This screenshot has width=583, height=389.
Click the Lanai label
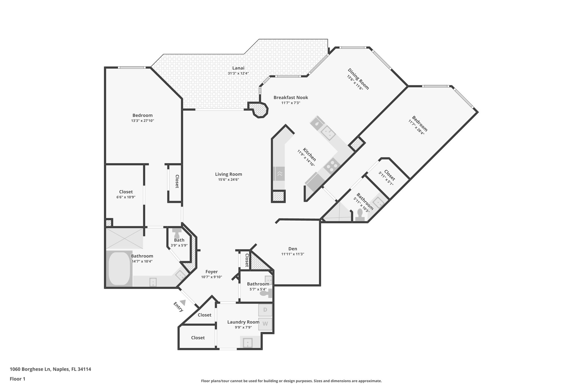pyautogui.click(x=238, y=68)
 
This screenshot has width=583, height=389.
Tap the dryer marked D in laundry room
pyautogui.click(x=265, y=310)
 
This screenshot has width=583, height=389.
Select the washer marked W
pyautogui.click(x=265, y=324)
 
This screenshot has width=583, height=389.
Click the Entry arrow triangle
pyautogui.click(x=183, y=303)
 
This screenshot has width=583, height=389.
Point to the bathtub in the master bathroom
pyautogui.click(x=119, y=268)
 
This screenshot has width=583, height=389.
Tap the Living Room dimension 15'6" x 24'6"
pyautogui.click(x=228, y=180)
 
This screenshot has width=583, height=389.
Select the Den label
pyautogui.click(x=293, y=249)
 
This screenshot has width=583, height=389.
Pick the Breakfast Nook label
pyautogui.click(x=291, y=97)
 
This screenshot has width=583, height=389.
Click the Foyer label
pyautogui.click(x=212, y=272)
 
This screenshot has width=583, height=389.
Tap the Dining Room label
pyautogui.click(x=358, y=79)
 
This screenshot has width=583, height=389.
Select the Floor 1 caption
pyautogui.click(x=18, y=379)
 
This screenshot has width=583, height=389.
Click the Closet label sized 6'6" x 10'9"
pyautogui.click(x=126, y=192)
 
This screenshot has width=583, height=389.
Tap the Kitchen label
pyautogui.click(x=309, y=154)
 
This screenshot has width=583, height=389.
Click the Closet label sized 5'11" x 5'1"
pyautogui.click(x=389, y=175)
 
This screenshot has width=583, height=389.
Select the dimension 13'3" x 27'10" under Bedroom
pyautogui.click(x=142, y=121)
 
